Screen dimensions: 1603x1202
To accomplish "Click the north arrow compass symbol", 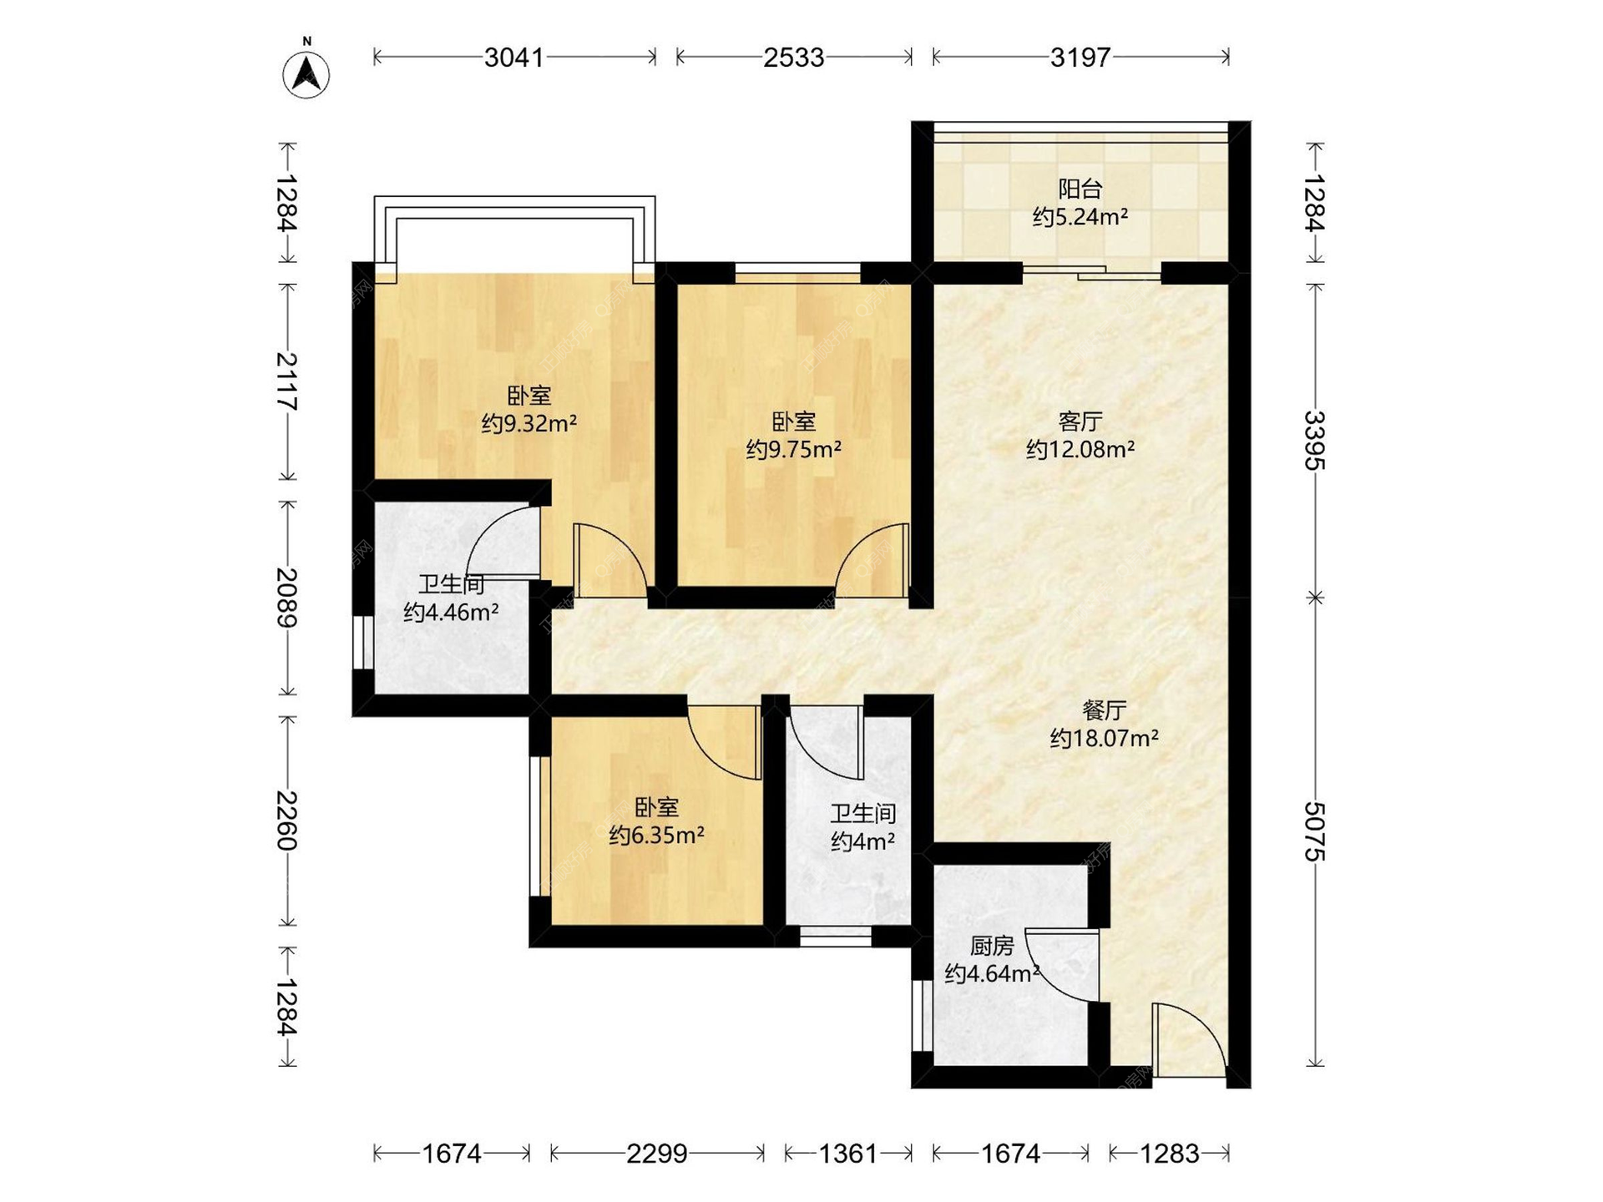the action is click(306, 72).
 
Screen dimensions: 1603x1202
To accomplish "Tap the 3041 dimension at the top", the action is click(514, 58).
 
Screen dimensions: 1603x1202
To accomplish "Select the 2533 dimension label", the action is click(793, 58).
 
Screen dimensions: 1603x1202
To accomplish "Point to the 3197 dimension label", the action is click(1080, 58).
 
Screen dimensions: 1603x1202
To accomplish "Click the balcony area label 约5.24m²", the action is click(1080, 217).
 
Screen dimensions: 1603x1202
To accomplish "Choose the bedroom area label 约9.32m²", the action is click(529, 423).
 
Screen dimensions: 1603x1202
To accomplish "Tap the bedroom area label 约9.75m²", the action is click(793, 450).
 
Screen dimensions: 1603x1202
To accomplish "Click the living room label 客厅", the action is click(1080, 421).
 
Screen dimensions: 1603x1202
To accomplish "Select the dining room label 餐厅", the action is click(1104, 710).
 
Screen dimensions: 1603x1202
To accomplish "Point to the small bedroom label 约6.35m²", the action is click(656, 835).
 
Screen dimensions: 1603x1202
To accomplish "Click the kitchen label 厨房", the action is click(992, 946).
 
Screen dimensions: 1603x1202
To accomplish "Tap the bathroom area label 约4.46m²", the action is click(451, 613).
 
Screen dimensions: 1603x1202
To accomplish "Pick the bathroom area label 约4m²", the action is click(863, 841).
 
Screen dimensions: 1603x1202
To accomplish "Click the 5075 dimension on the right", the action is click(1315, 831).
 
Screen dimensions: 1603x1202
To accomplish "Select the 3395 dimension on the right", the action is click(1315, 441).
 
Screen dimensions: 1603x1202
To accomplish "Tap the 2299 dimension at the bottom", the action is click(657, 1154).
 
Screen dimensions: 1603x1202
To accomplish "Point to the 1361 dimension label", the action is click(848, 1154).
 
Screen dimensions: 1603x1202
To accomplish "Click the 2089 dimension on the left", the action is click(287, 598).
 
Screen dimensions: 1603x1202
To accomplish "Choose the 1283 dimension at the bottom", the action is click(1170, 1154).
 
